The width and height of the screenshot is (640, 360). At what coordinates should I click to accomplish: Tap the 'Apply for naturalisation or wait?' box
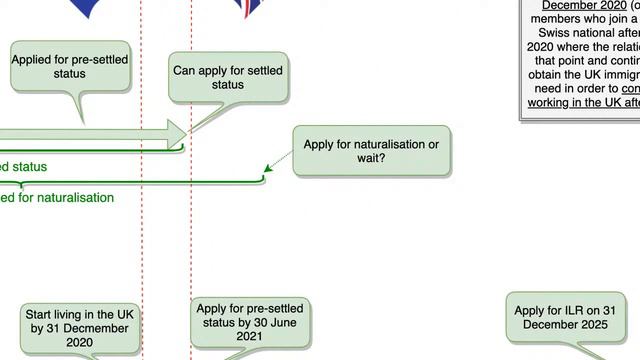tap(371, 151)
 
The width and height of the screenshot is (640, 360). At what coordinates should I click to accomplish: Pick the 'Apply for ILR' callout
tap(567, 318)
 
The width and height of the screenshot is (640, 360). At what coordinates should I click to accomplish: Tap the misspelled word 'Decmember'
tap(81, 328)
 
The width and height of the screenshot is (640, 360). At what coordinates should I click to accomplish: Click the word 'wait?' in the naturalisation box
tap(371, 159)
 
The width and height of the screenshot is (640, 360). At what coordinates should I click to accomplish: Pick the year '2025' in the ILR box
tap(604, 325)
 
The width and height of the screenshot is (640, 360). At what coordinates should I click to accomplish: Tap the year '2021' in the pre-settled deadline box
tap(249, 336)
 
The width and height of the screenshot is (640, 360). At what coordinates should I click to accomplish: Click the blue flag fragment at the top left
tap(87, 7)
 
